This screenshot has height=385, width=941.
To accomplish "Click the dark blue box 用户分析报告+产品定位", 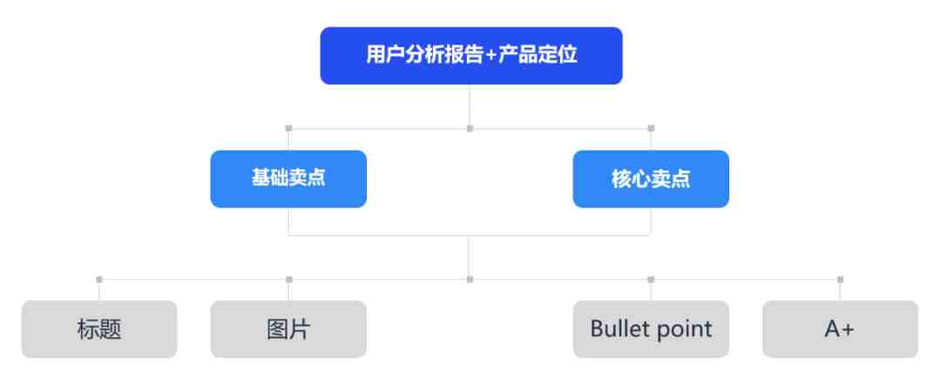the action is pos(471,56).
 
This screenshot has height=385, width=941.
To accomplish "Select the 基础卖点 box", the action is pos(288,179).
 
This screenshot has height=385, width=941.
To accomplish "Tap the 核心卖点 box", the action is pos(651,179).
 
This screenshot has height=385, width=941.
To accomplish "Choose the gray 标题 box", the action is pos(99,329).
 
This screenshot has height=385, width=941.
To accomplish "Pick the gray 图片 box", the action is pos(288,329).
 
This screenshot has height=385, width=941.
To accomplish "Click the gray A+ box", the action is pos(840,329).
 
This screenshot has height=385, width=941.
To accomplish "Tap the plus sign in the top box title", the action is pos(491,55).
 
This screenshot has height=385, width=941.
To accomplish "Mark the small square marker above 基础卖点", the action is pos(288,128).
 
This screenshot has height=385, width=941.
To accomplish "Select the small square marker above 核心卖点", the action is pos(651,128).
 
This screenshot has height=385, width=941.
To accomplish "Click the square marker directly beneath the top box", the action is pos(470,128).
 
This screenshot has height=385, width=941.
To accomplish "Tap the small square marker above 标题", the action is pos(99,280).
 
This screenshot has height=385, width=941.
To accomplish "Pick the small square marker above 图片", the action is pos(289,280).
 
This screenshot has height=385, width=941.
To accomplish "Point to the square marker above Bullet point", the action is pos(651,280).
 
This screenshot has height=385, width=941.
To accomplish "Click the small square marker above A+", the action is pos(840,280).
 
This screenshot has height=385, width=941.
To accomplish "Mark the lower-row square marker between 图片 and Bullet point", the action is pos(470,280).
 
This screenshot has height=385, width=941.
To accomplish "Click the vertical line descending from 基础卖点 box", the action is pos(288,222).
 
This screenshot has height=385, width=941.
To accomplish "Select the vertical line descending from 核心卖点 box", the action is pos(651,222).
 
